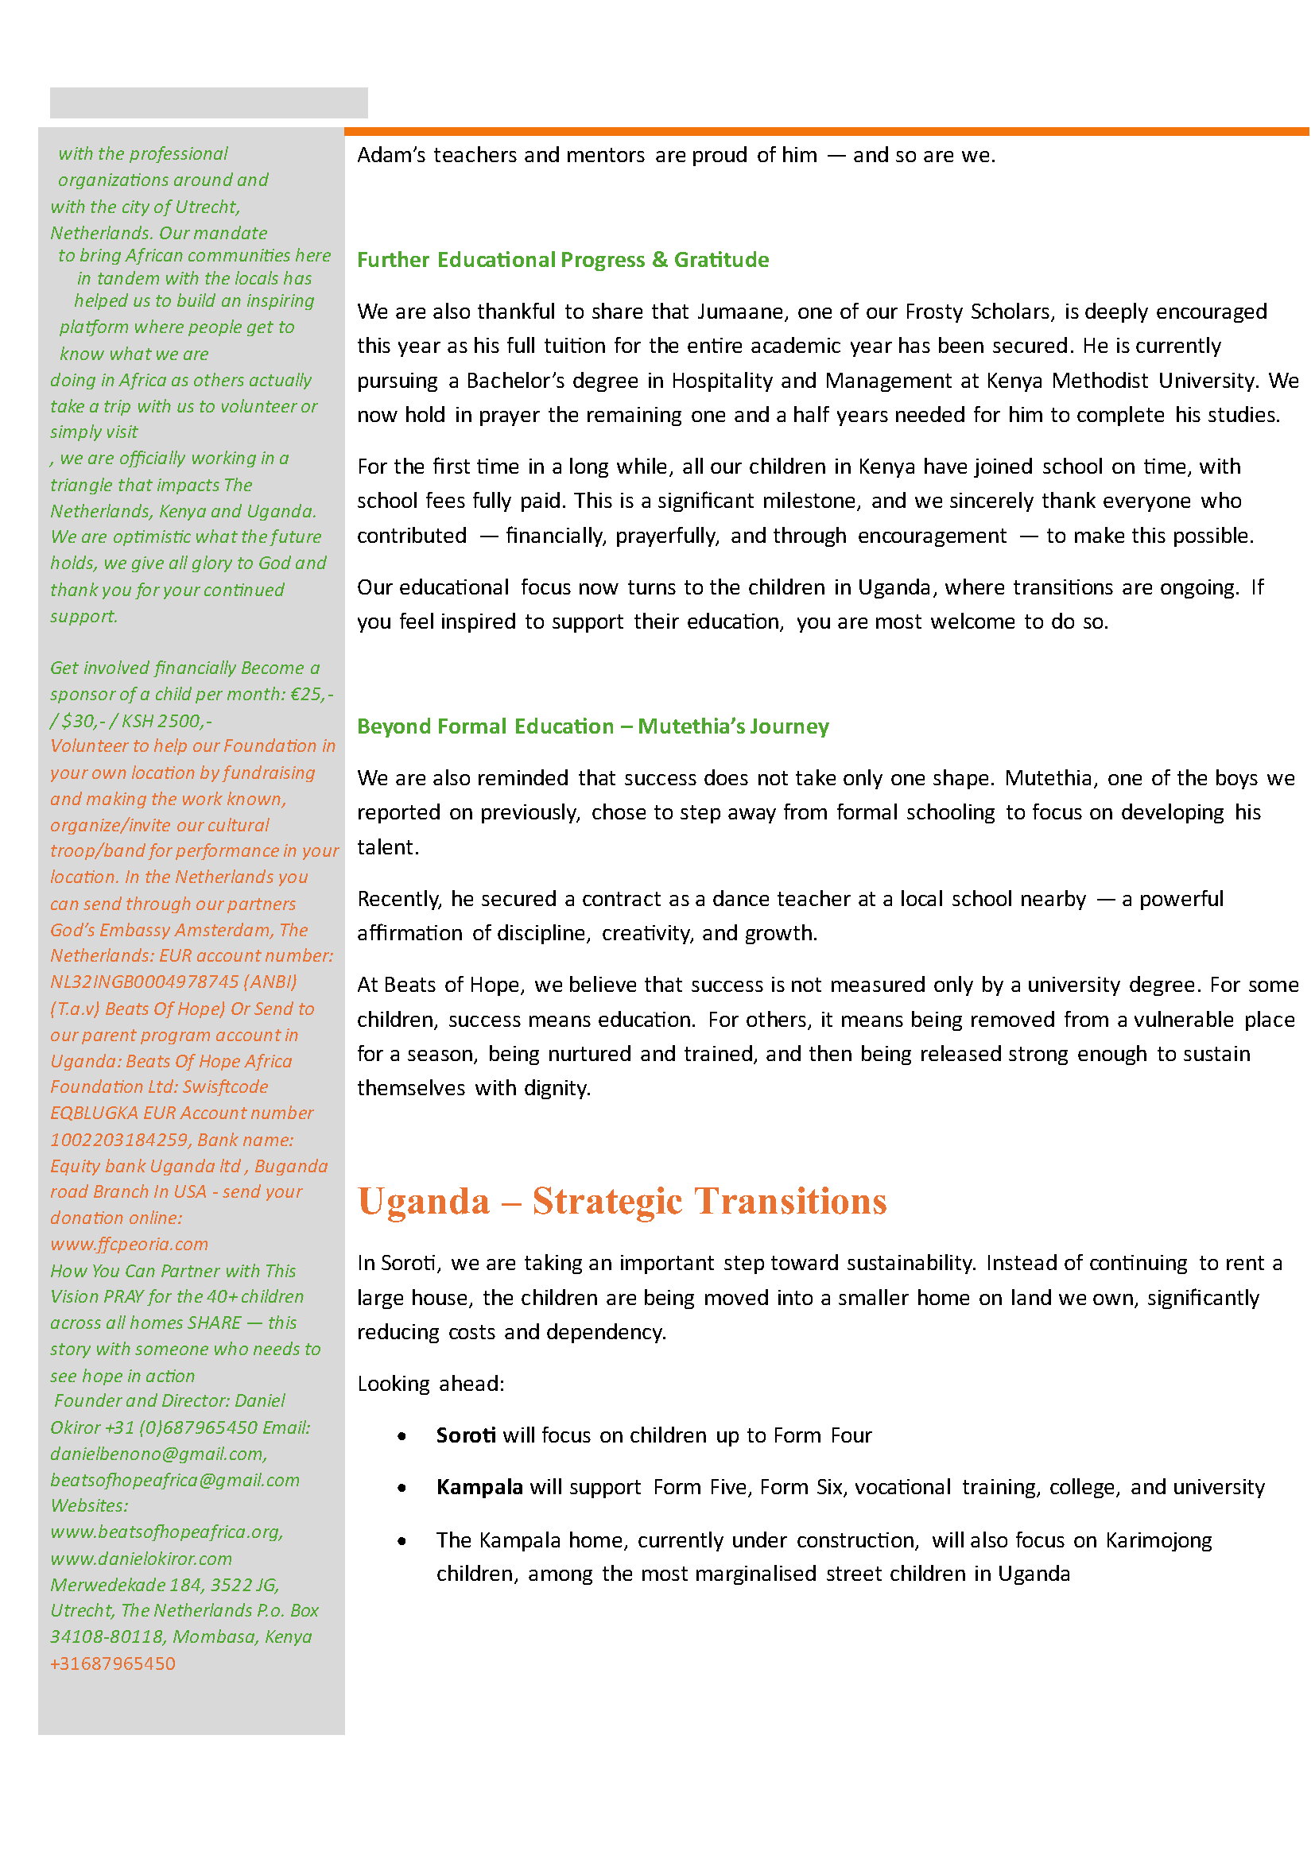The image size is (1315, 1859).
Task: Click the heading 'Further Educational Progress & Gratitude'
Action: point(564,261)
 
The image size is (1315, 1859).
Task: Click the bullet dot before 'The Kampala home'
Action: point(402,1543)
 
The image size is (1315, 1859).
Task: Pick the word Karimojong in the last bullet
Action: point(1160,1542)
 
